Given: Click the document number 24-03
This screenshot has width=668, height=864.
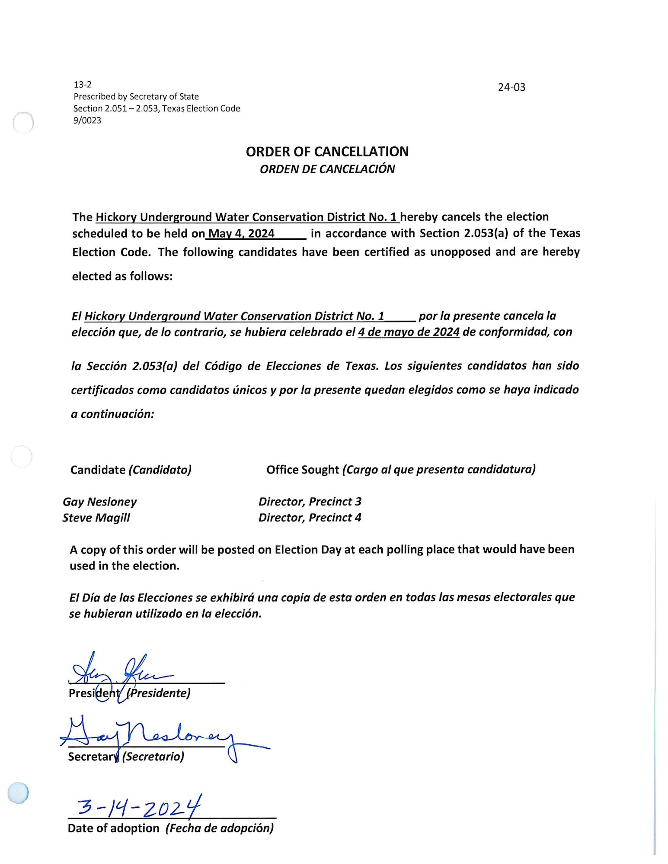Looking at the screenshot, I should [x=511, y=87].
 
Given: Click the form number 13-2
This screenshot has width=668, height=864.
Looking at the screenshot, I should [x=83, y=85].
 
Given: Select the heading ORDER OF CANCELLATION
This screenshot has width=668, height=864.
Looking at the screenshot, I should [x=327, y=152].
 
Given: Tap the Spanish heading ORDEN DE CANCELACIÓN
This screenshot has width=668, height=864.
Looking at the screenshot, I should [x=327, y=169].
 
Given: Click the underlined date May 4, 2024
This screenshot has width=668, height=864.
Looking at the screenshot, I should [x=241, y=234].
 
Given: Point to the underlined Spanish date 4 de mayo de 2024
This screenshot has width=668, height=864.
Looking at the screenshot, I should [x=409, y=332].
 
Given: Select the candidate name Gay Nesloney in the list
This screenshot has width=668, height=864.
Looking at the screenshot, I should [x=99, y=502].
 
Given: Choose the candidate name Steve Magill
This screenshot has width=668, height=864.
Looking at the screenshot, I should [x=96, y=518].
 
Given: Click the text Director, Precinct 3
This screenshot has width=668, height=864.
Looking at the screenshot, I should [x=310, y=502].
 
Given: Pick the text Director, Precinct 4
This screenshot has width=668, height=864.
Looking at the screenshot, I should [x=310, y=518].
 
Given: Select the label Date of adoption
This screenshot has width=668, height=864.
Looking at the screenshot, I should [x=114, y=828].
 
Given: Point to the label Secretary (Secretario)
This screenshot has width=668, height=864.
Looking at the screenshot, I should [x=126, y=756].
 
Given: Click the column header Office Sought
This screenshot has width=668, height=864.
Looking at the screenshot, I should [x=303, y=470].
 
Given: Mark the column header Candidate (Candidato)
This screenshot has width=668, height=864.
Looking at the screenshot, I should [x=131, y=470].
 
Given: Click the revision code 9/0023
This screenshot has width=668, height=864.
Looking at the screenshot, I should [x=87, y=121].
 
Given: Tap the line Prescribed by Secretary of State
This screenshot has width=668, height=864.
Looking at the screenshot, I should [x=136, y=96].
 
